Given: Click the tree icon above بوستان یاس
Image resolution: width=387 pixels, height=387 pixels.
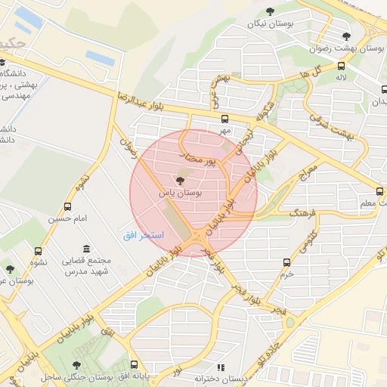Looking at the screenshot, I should [x=179, y=181].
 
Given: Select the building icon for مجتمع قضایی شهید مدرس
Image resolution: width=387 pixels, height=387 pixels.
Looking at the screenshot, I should [x=86, y=249].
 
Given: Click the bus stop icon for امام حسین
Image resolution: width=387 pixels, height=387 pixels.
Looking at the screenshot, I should [x=68, y=206].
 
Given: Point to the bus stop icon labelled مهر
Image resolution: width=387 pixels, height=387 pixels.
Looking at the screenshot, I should [x=224, y=119].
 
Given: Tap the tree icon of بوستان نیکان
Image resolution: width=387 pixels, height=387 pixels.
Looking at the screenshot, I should [x=270, y=11].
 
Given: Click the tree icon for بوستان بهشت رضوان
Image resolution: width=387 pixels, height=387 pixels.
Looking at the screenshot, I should [x=346, y=36].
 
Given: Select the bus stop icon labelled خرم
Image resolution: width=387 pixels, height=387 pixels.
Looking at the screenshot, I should [x=286, y=262].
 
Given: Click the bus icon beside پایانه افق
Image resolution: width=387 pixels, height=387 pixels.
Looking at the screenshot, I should [x=135, y=364].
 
